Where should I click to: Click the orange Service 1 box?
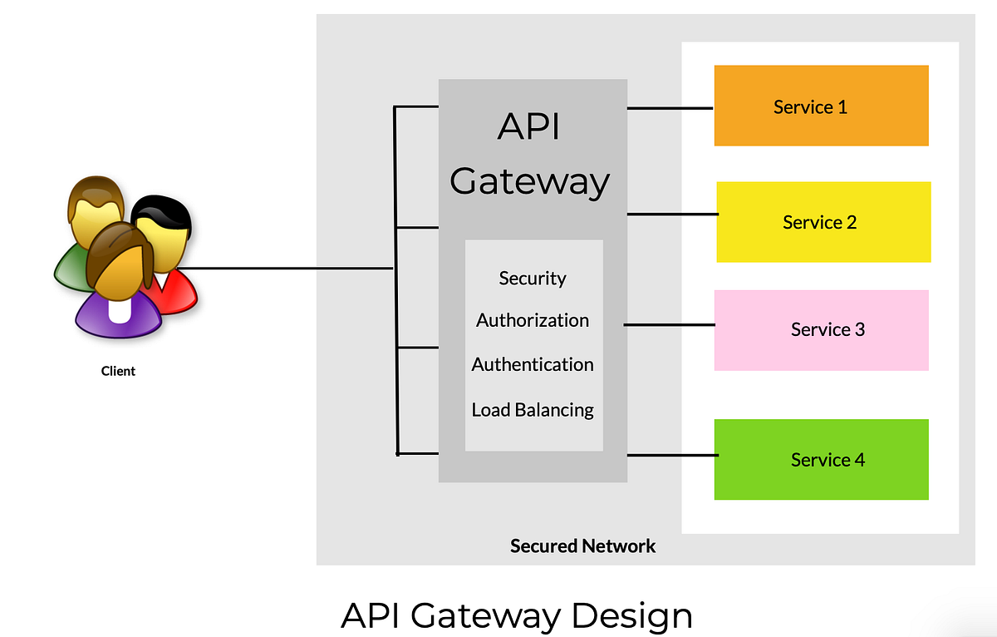[821, 106]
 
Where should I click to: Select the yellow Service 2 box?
[823, 222]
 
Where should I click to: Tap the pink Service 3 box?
[821, 329]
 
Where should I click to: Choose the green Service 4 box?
[821, 459]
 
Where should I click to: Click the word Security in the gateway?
[533, 279]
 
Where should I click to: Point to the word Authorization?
[533, 320]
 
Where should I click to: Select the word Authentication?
[533, 364]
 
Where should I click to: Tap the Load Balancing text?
[533, 410]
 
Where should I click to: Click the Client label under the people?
[118, 371]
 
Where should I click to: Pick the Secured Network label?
[582, 546]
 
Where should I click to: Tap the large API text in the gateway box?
[529, 127]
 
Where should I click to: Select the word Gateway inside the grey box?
[529, 180]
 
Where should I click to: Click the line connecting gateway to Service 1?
[670, 108]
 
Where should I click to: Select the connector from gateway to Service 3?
[669, 324]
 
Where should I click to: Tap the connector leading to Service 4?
[671, 455]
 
